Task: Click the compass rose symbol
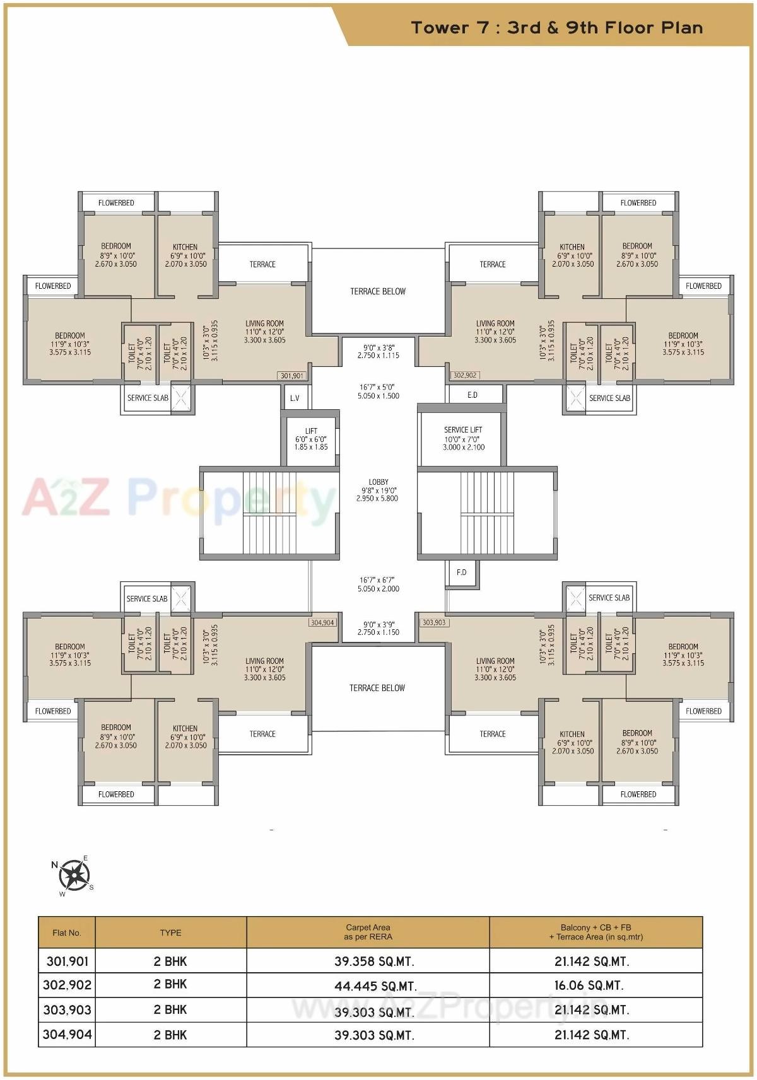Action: [x=74, y=874]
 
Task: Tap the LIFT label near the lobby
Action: [x=311, y=431]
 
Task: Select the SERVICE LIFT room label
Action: [x=463, y=430]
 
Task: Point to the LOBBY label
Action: [x=378, y=482]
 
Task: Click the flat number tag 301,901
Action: [x=291, y=376]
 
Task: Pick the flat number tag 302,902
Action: [x=465, y=375]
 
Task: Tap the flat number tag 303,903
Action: [x=434, y=622]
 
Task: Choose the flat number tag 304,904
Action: [x=322, y=622]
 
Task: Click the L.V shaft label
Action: [x=295, y=398]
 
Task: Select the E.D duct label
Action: [x=472, y=395]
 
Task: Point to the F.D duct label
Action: [x=462, y=572]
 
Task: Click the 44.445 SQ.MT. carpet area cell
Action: [x=375, y=986]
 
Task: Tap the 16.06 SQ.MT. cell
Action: [x=592, y=985]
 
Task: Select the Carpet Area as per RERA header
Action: [x=368, y=932]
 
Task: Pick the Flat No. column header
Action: [x=67, y=932]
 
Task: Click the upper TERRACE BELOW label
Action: [x=378, y=291]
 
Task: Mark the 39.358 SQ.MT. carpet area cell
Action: [x=375, y=961]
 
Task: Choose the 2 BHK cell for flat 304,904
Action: [x=170, y=1035]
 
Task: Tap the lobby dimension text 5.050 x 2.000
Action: [x=378, y=589]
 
